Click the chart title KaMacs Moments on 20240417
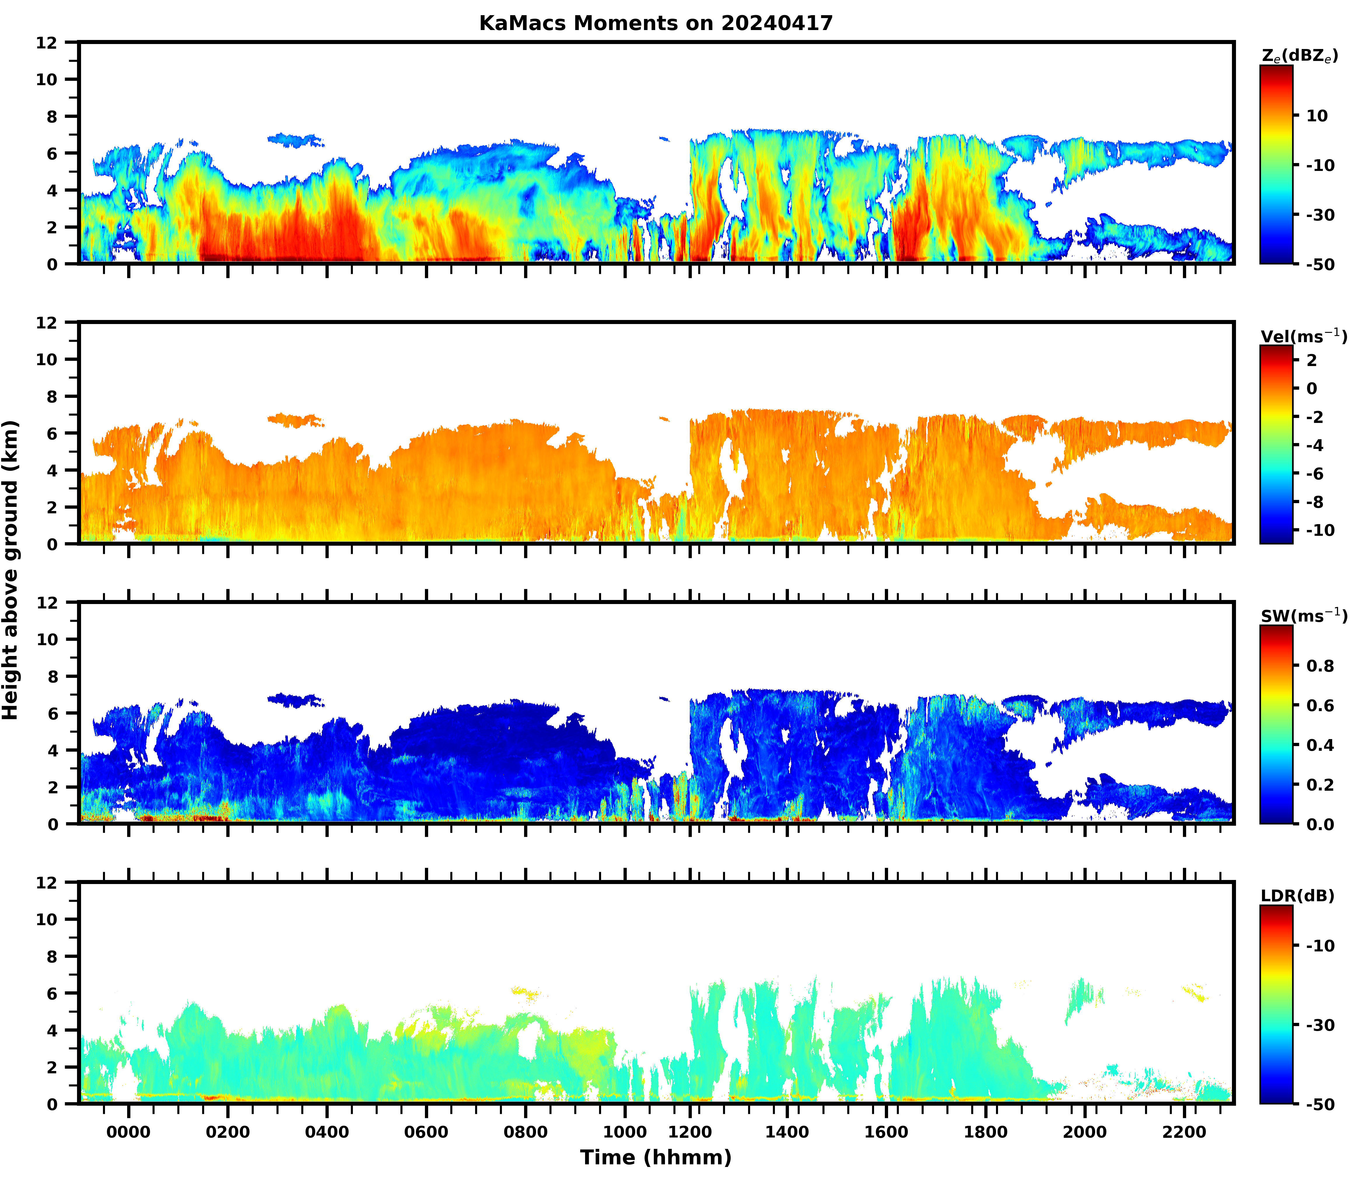(x=656, y=23)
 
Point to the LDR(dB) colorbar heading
(x=1297, y=896)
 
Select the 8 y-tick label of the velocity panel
(x=52, y=396)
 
